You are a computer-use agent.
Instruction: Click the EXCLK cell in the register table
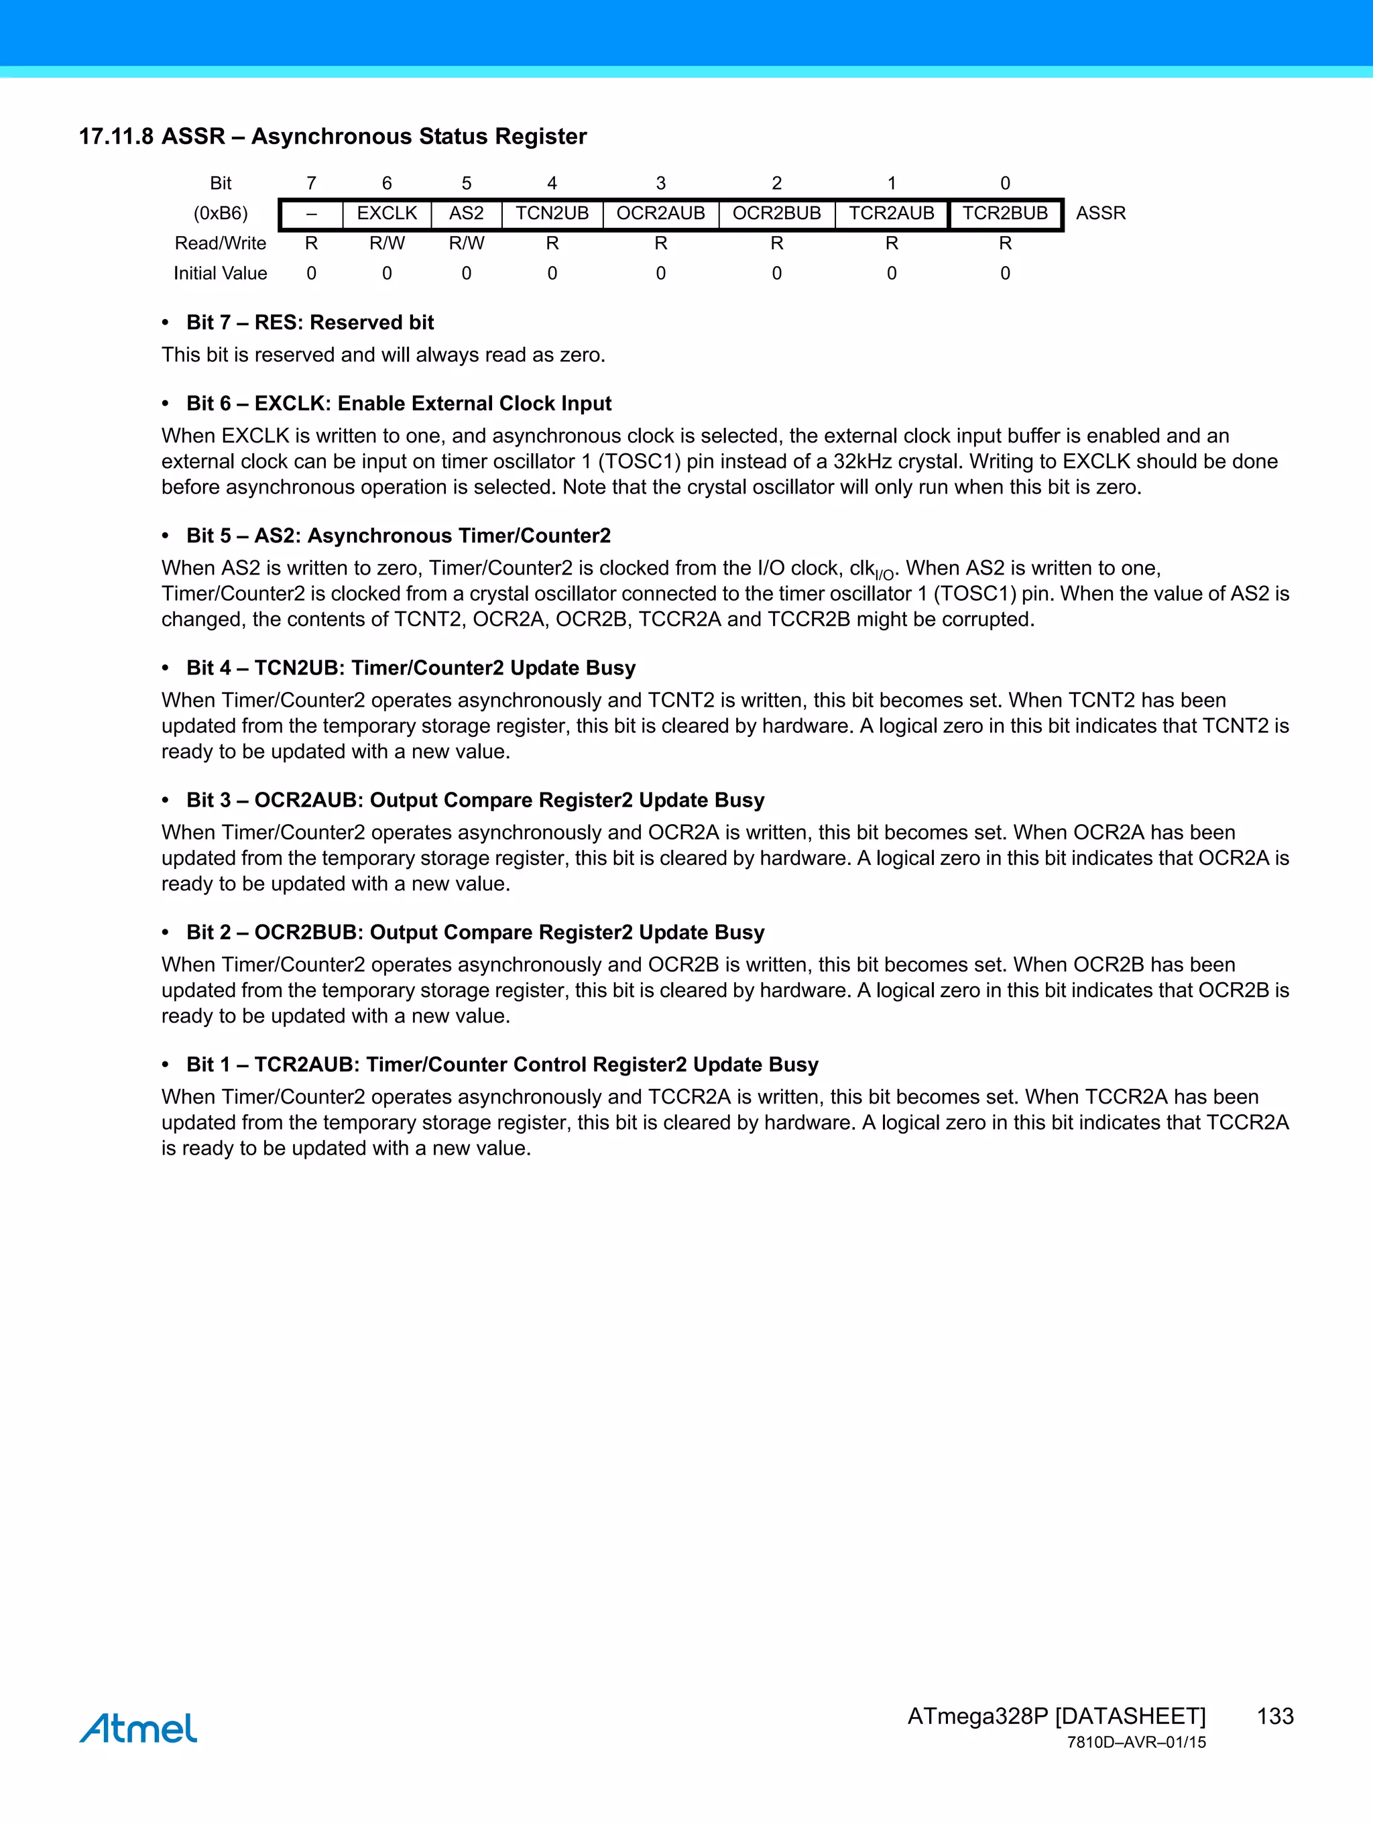[x=387, y=213]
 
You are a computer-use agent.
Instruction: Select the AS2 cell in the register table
[x=467, y=213]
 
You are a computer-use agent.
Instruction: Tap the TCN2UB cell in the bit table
[x=552, y=213]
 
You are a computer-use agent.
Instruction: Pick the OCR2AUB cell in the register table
[x=661, y=213]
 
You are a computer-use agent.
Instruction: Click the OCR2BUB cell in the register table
[x=776, y=213]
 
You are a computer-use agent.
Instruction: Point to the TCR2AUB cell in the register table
[x=892, y=213]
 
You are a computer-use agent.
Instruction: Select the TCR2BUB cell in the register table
[x=1006, y=213]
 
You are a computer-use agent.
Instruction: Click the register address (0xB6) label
[x=221, y=213]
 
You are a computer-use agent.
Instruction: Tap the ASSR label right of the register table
[x=1100, y=213]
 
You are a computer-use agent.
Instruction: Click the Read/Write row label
[x=220, y=243]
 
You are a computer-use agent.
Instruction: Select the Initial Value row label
[x=220, y=274]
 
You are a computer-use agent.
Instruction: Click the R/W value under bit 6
[x=387, y=243]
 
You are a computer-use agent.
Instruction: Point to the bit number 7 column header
[x=312, y=183]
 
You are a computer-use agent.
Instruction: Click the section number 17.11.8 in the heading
[x=116, y=137]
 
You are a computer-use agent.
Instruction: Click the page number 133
[x=1275, y=1716]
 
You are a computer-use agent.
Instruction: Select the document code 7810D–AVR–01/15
[x=1136, y=1743]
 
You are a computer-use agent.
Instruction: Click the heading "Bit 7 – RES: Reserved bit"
[x=310, y=322]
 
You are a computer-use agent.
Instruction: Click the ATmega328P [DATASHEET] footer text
[x=1056, y=1716]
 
